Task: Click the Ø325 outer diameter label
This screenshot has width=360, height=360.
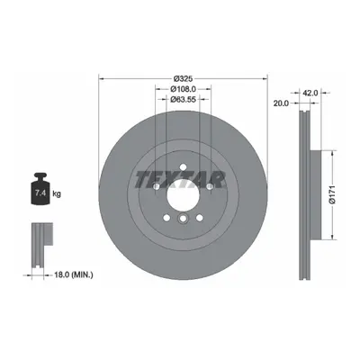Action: (183, 79)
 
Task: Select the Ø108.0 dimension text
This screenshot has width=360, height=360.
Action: (183, 89)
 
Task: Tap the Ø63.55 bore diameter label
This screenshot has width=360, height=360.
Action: (183, 99)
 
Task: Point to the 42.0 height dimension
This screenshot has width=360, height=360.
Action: (310, 93)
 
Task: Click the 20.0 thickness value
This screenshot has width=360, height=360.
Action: (281, 103)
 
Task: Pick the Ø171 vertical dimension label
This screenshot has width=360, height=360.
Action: (331, 195)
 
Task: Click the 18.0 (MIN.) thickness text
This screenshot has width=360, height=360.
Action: (73, 274)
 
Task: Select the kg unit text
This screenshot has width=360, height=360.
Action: (57, 193)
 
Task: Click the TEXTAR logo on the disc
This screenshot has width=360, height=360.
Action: (180, 180)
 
